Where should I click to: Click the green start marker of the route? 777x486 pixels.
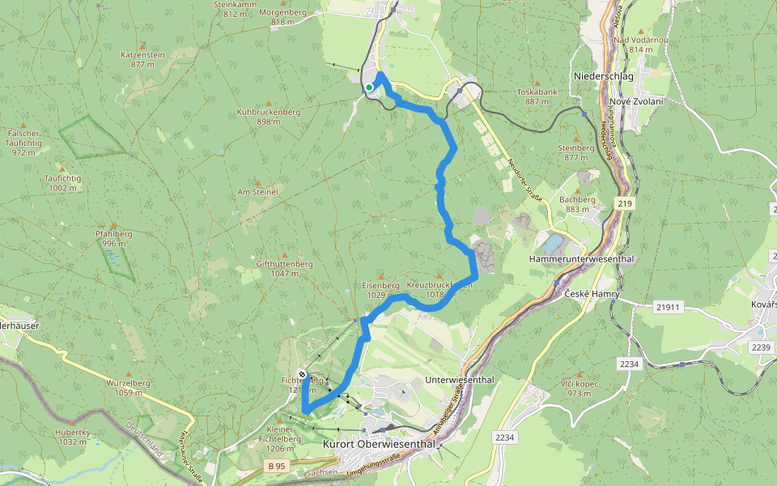pos(368,87)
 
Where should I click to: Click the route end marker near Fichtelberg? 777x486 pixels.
pos(302,375)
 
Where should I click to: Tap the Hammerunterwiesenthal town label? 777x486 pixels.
pos(581,259)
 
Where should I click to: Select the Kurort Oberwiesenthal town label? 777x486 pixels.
pos(380,444)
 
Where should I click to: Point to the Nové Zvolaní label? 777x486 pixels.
pos(637,101)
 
